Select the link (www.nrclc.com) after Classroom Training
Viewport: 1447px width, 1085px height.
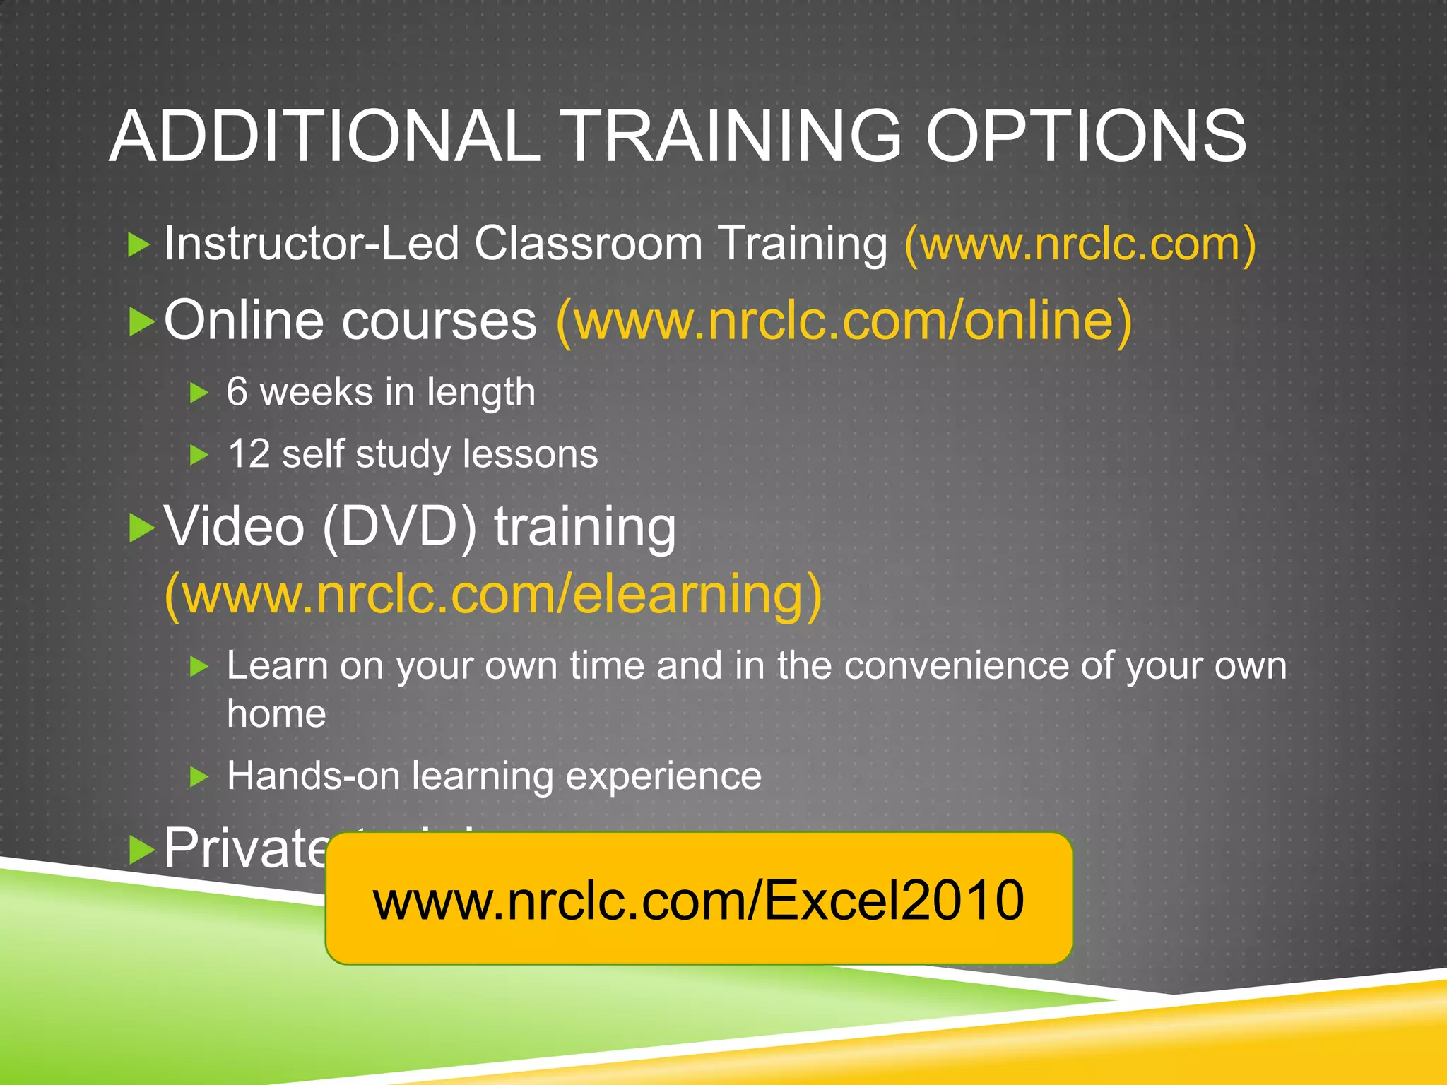(x=1080, y=244)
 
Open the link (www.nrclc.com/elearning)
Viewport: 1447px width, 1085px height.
(x=493, y=595)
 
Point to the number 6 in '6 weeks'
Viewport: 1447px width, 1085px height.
(x=237, y=391)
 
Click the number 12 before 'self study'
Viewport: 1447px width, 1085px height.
(x=249, y=453)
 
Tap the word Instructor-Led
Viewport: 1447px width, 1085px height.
(x=311, y=244)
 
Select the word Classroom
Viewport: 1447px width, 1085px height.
(x=588, y=244)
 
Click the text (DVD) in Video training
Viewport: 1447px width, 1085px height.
(x=400, y=527)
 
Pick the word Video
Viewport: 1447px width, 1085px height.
(x=234, y=527)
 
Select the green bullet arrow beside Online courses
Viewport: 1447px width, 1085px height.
(x=142, y=322)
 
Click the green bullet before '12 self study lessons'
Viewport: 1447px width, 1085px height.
(x=199, y=455)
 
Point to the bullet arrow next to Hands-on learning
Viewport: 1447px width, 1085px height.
(x=199, y=778)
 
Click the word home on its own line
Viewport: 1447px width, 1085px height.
(x=276, y=713)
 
